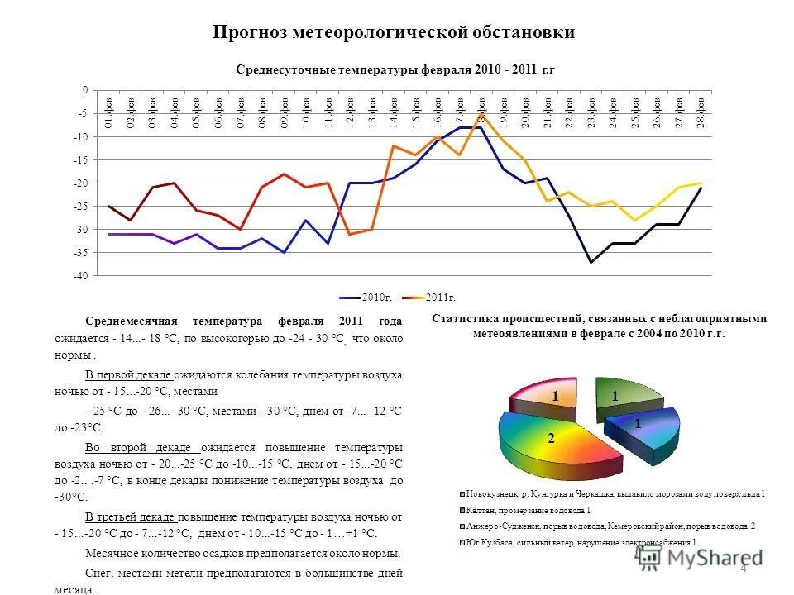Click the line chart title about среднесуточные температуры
click(x=395, y=69)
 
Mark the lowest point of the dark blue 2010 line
click(x=591, y=262)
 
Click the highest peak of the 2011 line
click(x=481, y=114)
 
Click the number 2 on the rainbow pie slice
click(x=551, y=439)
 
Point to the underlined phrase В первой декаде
click(x=130, y=374)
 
